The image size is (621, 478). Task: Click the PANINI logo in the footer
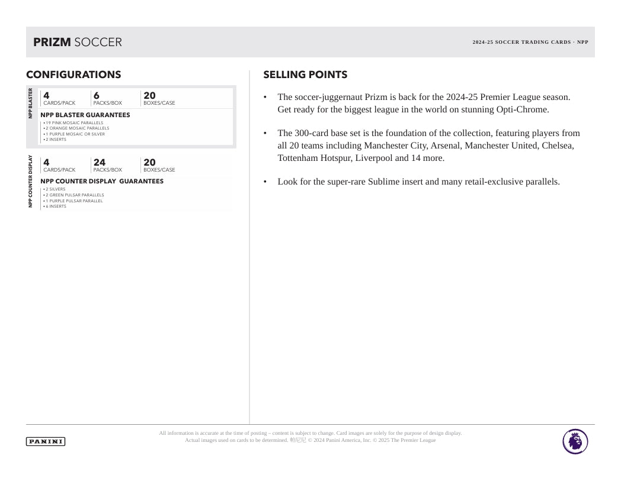pyautogui.click(x=46, y=441)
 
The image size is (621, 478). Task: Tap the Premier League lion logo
pyautogui.click(x=575, y=442)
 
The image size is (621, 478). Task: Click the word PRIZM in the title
pyautogui.click(x=52, y=42)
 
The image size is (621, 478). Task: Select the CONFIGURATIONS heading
pyautogui.click(x=73, y=75)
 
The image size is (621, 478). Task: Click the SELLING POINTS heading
pyautogui.click(x=305, y=75)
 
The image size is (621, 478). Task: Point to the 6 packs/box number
pyautogui.click(x=97, y=95)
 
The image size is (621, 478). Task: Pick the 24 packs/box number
pyautogui.click(x=99, y=162)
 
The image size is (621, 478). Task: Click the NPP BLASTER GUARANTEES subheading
pyautogui.click(x=85, y=115)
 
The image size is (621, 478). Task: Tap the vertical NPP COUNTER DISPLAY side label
pyautogui.click(x=31, y=182)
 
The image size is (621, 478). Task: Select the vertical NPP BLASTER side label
pyautogui.click(x=31, y=103)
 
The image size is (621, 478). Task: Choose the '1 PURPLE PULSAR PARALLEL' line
pyautogui.click(x=73, y=201)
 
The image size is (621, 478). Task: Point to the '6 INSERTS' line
pyautogui.click(x=56, y=206)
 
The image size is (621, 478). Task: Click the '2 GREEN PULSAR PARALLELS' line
pyautogui.click(x=74, y=195)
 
